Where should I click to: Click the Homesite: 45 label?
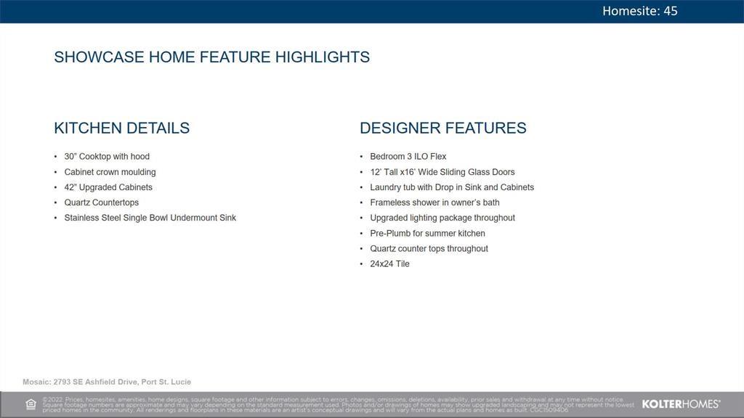(639, 11)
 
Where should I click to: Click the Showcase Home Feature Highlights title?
(211, 57)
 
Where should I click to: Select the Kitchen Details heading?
(121, 128)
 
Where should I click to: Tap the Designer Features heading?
(442, 128)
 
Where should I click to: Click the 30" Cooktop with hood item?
(107, 157)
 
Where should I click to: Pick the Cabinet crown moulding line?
(110, 172)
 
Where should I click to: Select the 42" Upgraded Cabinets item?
(108, 187)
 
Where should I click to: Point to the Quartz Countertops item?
(101, 202)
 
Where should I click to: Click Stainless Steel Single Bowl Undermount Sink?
(150, 218)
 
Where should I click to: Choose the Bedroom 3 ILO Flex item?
(408, 157)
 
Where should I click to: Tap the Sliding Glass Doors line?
(442, 172)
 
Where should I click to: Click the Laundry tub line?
(451, 187)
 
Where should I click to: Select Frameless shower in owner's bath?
(434, 202)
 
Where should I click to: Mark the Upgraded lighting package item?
(442, 218)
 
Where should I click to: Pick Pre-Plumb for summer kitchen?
(427, 233)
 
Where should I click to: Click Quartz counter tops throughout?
(429, 248)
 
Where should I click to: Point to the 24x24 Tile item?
(389, 263)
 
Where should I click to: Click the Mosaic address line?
(107, 382)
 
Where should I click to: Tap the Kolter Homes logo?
(681, 404)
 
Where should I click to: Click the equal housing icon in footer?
(31, 404)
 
